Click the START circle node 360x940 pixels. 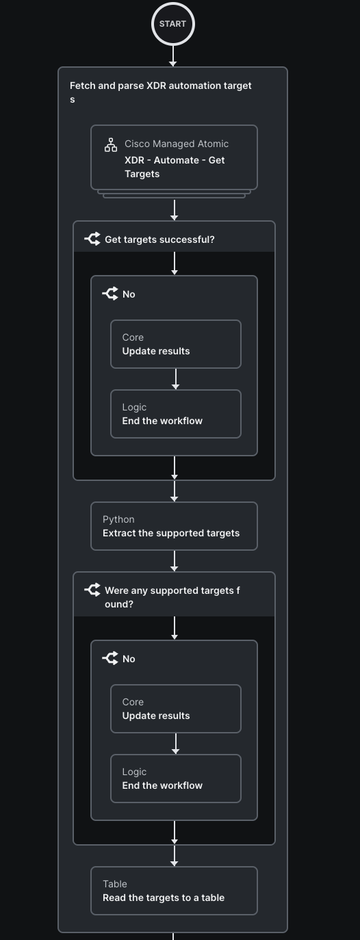tap(173, 24)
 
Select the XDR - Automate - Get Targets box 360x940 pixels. tap(174, 157)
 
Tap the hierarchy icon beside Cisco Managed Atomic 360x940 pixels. tap(111, 145)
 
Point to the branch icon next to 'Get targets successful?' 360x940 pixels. tap(92, 239)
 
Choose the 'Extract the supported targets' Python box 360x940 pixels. tap(174, 526)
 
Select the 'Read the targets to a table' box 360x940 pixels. tap(174, 891)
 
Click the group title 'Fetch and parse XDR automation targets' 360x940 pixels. tap(161, 92)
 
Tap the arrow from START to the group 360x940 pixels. tap(173, 56)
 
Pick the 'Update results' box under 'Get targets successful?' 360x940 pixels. tap(176, 344)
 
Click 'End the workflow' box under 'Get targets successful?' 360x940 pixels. tap(176, 414)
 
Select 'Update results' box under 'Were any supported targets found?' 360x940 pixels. tap(176, 709)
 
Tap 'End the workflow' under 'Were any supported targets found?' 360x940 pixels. tap(176, 779)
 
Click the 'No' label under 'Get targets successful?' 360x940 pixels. tap(129, 294)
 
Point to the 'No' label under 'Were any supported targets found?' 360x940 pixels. tap(129, 659)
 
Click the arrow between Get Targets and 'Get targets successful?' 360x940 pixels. tap(175, 210)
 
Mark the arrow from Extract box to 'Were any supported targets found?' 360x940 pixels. tap(175, 561)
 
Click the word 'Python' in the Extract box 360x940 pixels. tap(118, 519)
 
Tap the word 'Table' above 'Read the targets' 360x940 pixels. tap(115, 884)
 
